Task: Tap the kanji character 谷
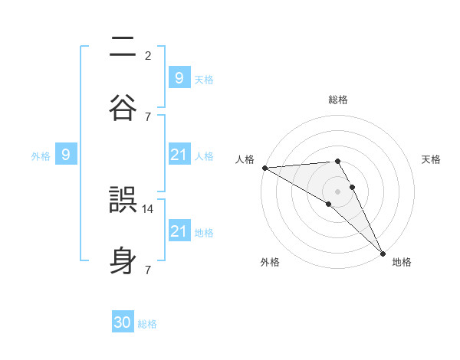[123, 108]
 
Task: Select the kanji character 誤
[123, 201]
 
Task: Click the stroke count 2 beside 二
[148, 55]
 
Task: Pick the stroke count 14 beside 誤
[149, 208]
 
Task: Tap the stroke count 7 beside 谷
[148, 116]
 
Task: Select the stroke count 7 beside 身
[148, 270]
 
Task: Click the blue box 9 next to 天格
[179, 77]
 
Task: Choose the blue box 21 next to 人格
[179, 155]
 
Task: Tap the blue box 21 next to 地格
[179, 231]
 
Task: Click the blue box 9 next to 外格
[66, 155]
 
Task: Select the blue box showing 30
[123, 322]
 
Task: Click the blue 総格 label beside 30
[148, 324]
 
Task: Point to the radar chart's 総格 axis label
[338, 100]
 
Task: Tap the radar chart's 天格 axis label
[432, 159]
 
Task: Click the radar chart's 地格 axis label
[402, 262]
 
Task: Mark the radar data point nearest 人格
[264, 168]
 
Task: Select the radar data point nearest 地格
[383, 252]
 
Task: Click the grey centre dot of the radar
[338, 191]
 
